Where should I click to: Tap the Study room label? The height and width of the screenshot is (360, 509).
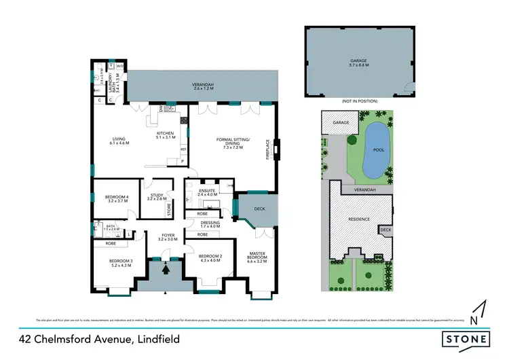[157, 198]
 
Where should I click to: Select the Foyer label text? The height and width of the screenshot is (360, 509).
[168, 237]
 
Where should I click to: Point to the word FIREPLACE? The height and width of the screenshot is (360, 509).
[268, 149]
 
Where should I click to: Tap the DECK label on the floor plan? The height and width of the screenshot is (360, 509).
[259, 210]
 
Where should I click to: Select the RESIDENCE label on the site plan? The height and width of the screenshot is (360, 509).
[359, 219]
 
